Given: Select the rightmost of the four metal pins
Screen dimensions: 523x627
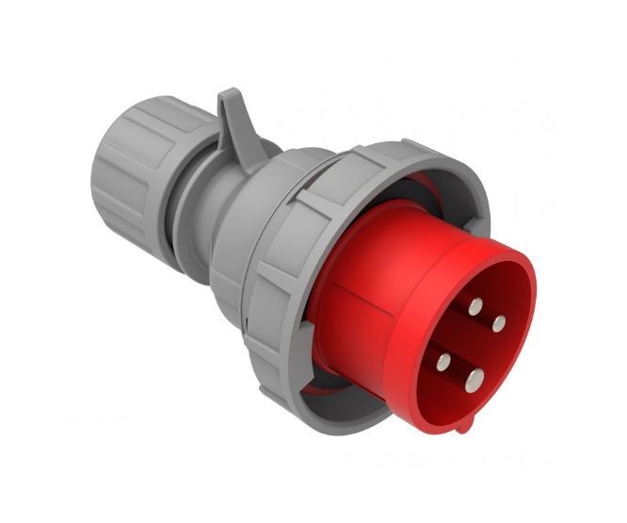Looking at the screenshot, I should (x=499, y=323).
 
